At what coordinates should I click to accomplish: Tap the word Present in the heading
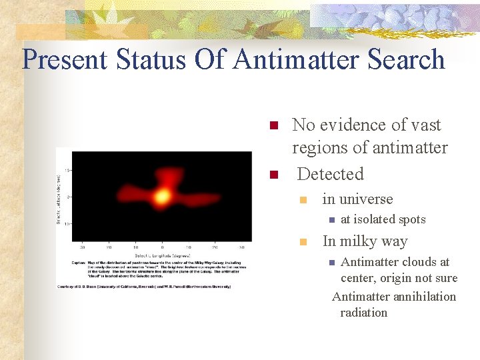[x=64, y=59]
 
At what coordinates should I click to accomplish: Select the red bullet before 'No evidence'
[x=272, y=126]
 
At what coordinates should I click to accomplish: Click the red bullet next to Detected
[x=272, y=175]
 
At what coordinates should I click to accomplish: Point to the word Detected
[x=330, y=175]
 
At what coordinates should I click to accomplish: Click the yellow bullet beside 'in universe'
[x=303, y=200]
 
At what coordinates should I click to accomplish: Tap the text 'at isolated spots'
[x=383, y=219]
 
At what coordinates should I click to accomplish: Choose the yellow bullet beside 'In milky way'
[x=303, y=242]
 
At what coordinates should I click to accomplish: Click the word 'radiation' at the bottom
[x=363, y=312]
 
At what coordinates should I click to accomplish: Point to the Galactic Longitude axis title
[x=161, y=255]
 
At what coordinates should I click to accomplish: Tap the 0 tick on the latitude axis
[x=69, y=197]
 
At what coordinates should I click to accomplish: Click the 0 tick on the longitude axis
[x=161, y=247]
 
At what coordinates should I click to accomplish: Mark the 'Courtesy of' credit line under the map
[x=144, y=286]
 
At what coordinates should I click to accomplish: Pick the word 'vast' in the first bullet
[x=426, y=125]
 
